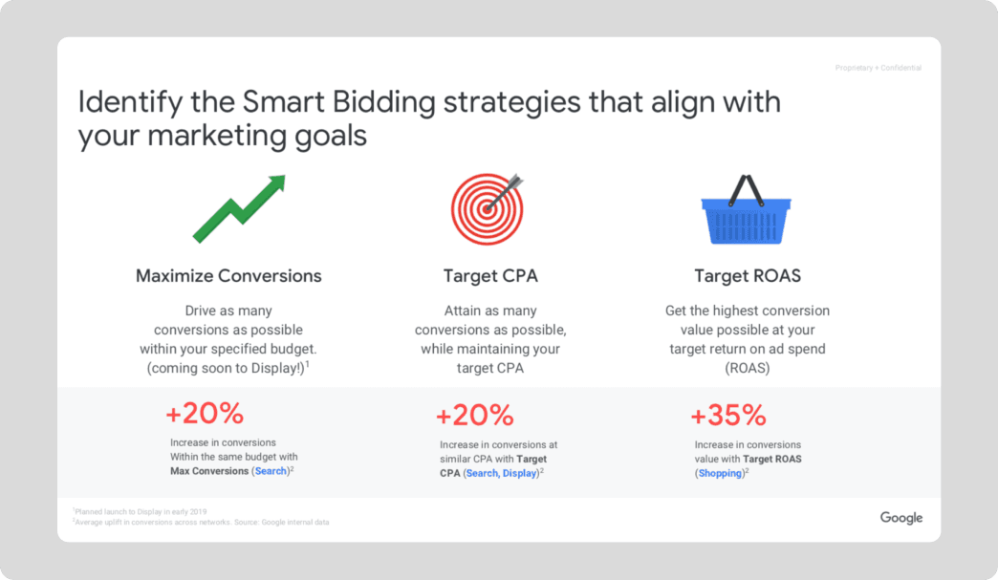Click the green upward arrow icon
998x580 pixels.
point(239,209)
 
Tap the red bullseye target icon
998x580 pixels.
point(488,209)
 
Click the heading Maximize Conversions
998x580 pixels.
point(228,276)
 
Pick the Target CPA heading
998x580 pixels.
point(490,276)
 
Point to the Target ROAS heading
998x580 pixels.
point(748,276)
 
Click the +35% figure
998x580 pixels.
point(728,416)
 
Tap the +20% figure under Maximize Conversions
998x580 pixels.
point(205,414)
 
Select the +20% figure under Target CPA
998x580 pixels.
point(475,416)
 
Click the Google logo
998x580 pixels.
point(901,518)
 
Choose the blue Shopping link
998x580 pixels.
point(721,473)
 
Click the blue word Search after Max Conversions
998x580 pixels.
point(271,471)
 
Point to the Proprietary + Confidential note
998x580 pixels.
point(879,68)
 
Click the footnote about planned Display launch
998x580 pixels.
point(140,511)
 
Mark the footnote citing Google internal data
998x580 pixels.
point(201,522)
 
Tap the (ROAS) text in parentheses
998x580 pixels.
point(748,368)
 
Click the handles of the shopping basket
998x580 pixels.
point(747,190)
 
